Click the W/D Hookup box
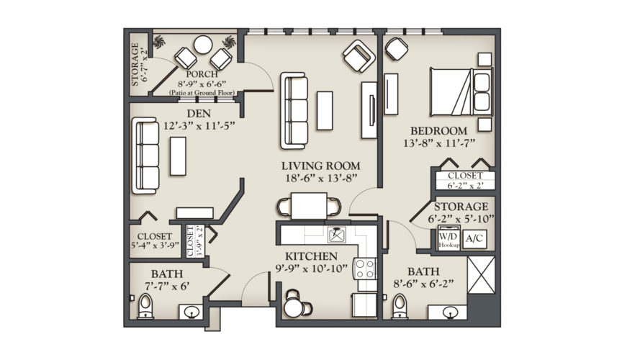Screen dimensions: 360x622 447,238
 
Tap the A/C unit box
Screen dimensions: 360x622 473,238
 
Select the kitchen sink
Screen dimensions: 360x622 337,234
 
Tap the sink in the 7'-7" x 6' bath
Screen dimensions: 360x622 192,312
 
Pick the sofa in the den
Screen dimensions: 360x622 147,156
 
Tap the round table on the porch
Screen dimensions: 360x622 202,45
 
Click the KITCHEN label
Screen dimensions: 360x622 311,256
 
